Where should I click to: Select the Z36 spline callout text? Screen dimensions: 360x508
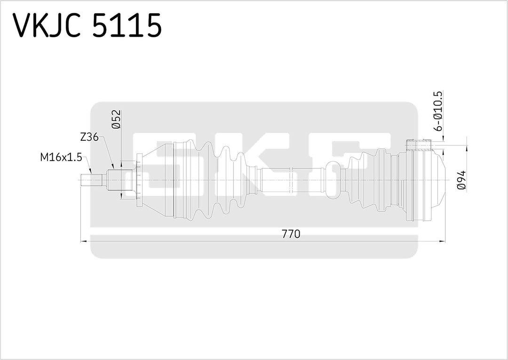click(x=89, y=137)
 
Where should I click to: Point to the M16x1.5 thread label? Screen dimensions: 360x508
click(x=61, y=157)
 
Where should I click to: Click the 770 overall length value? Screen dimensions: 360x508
click(x=291, y=234)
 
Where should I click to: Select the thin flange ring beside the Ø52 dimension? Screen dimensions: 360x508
click(x=138, y=180)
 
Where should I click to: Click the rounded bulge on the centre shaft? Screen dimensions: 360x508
click(x=332, y=180)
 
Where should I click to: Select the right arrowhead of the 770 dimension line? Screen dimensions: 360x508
click(x=442, y=240)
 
